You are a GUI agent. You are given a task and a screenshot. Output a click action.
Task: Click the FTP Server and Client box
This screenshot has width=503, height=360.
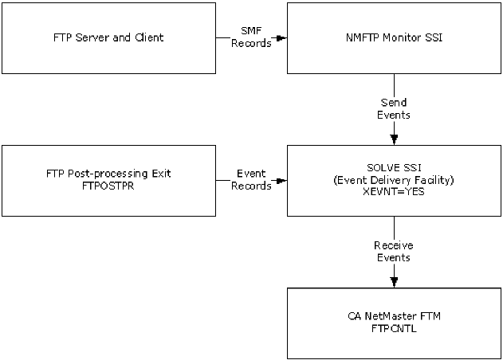[108, 37]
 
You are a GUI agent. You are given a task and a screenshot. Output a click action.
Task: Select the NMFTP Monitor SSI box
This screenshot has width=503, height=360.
[395, 37]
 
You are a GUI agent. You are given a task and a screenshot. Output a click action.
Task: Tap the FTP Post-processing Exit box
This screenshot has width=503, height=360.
[108, 180]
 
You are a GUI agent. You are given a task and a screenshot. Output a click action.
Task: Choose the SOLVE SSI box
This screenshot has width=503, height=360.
[395, 180]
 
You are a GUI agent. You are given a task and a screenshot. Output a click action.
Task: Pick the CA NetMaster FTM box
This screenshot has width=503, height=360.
[395, 323]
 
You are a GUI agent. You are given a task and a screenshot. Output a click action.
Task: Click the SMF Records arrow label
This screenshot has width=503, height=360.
[251, 37]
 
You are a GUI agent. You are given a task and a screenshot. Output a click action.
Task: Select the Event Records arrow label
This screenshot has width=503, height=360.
[251, 179]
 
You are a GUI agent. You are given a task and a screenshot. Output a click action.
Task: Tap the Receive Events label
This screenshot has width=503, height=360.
[394, 251]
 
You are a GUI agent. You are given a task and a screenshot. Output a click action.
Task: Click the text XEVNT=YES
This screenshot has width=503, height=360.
[394, 192]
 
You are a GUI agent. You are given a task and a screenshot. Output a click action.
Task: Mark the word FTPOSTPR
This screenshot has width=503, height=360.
[108, 186]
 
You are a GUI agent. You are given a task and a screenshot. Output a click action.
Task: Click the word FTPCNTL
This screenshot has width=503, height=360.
[394, 328]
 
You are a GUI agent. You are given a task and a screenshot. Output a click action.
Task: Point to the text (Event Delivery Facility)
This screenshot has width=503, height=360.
[394, 180]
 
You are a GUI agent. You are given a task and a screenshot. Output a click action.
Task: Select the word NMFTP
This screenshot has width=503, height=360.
[359, 37]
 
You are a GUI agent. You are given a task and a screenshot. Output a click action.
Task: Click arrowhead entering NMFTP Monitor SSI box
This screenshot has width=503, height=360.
[281, 37]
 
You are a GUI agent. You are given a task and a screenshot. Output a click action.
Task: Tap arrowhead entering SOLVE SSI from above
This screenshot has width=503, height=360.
[395, 140]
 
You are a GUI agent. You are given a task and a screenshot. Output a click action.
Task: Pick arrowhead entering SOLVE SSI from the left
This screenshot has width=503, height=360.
[281, 180]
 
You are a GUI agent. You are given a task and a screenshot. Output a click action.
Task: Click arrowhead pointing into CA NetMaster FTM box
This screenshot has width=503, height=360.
[395, 283]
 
